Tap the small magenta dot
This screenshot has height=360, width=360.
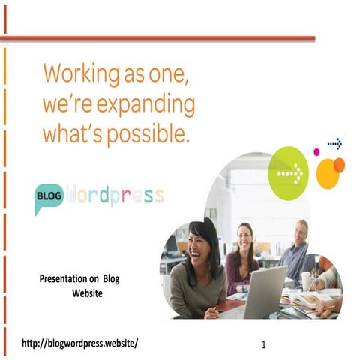pos(316,152)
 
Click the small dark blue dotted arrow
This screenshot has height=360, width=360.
pos(334,144)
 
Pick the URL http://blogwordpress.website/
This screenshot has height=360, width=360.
pos(80,343)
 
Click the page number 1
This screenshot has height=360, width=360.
pos(265,346)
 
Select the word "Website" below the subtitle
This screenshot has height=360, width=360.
pos(87,293)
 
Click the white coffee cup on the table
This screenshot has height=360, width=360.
pos(307,280)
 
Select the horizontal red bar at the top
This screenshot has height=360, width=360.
pos(157,38)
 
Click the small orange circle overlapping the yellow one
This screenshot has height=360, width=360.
pos(339,165)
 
